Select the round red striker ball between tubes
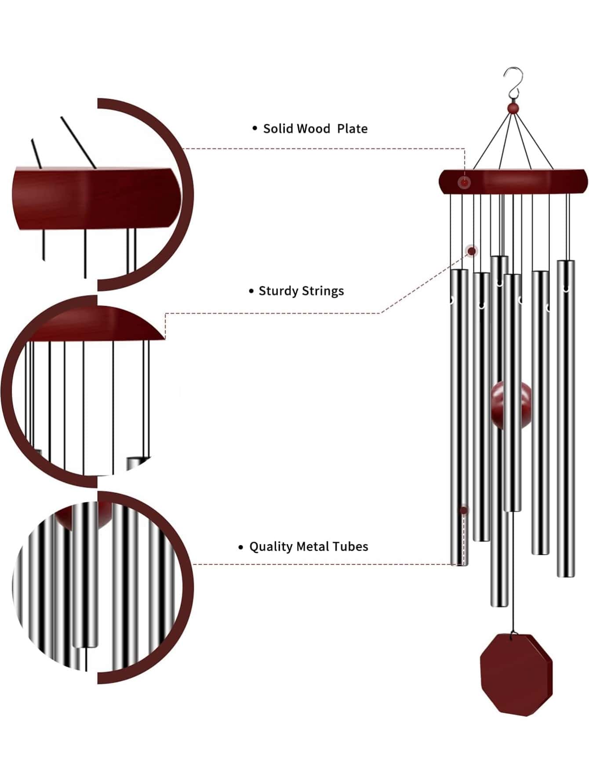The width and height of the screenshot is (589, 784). coord(511,405)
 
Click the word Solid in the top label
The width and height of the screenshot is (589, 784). coord(277,129)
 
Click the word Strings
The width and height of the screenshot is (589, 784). coord(323,291)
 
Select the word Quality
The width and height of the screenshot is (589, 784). coord(271,547)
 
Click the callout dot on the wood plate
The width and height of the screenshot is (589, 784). coord(464,183)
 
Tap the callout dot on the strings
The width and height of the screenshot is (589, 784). coord(472,251)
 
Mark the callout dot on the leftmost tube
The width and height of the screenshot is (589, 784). coord(464,510)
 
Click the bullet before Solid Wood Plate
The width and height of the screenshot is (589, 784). coord(255,128)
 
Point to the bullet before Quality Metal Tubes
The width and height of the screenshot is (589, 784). coord(240,547)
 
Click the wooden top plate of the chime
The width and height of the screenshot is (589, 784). coord(527,181)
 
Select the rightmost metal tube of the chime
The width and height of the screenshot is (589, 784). coord(566,417)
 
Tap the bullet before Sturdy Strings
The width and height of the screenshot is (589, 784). coord(251,291)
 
